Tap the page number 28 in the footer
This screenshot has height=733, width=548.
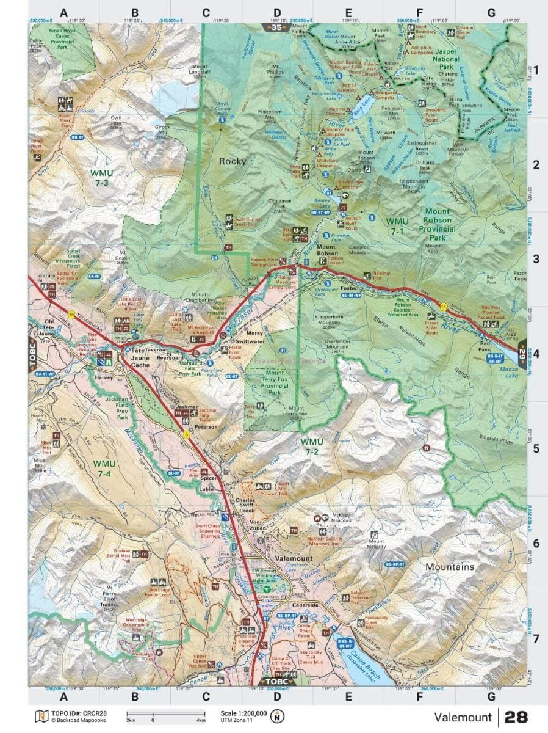pyautogui.click(x=516, y=717)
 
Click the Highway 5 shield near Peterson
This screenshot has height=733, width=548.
pyautogui.click(x=186, y=434)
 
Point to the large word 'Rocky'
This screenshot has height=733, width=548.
pyautogui.click(x=233, y=161)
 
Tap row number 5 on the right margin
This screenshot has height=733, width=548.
pyautogui.click(x=536, y=448)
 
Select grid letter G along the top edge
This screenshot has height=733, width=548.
pyautogui.click(x=491, y=12)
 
